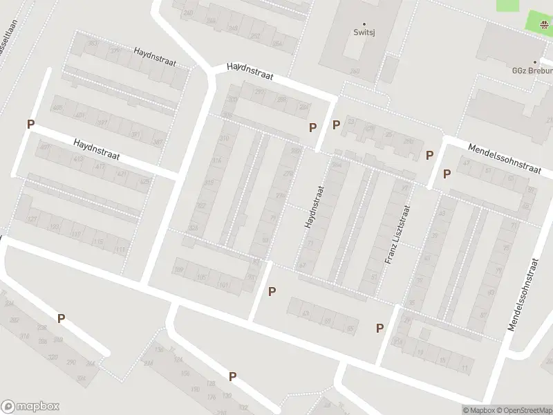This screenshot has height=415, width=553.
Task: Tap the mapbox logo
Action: coord(30,407)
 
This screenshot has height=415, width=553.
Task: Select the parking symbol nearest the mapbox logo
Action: coord(62,319)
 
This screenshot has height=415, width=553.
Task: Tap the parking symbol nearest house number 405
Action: coord(30,124)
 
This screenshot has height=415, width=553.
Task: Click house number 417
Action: coord(100,167)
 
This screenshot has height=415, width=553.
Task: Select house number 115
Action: coord(99,241)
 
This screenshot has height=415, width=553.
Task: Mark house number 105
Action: coord(202,277)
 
